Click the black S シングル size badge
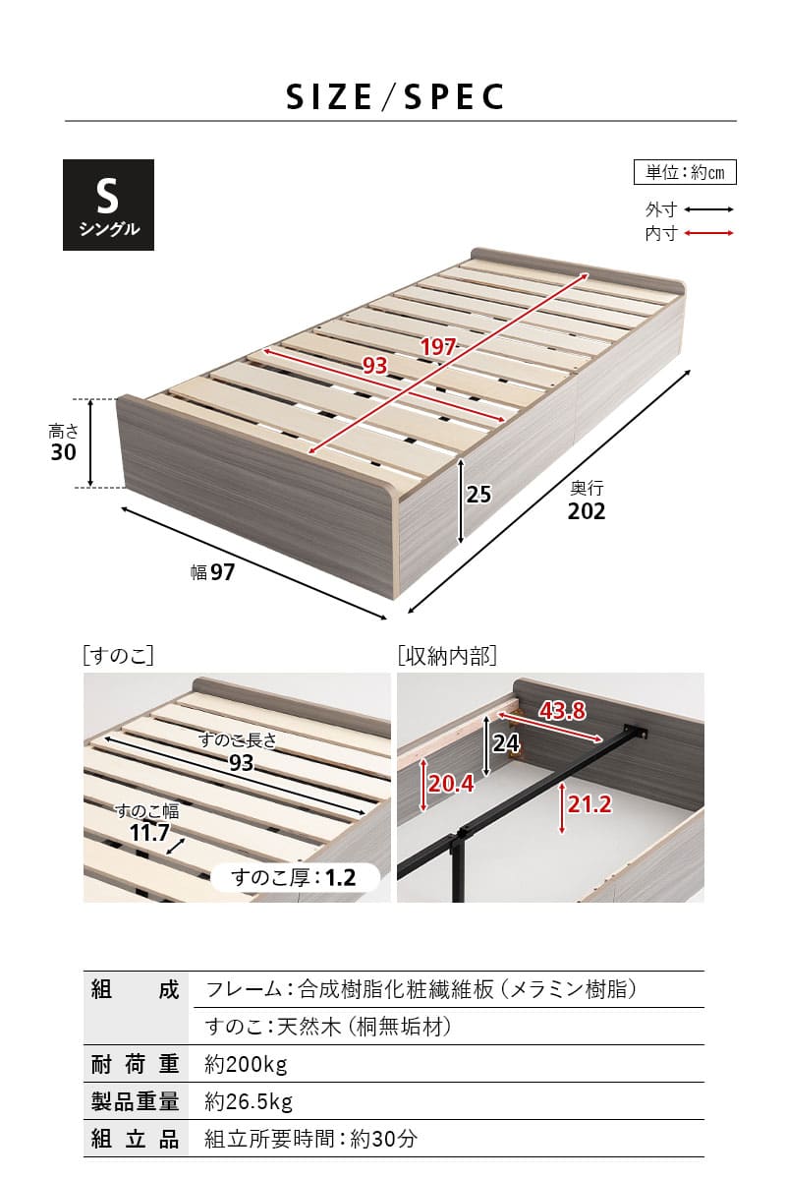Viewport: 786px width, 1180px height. point(108,205)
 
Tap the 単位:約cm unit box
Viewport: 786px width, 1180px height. point(685,172)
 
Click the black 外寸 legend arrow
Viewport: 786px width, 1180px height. point(708,209)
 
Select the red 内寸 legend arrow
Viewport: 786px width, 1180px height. point(708,233)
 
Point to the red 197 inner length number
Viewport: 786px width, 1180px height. point(437,346)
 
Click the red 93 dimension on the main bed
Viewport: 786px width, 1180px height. point(375,365)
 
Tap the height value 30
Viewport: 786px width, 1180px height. point(63,452)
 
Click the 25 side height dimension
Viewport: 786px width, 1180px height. point(478,494)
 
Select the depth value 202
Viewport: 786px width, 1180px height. point(587,511)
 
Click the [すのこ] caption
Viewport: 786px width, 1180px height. point(119,656)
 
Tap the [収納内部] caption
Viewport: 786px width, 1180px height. point(447,656)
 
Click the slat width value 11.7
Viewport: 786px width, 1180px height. point(150,832)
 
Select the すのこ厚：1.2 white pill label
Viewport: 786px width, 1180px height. point(295,877)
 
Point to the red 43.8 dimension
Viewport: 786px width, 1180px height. point(562,711)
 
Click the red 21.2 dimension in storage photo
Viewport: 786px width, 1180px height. point(589,804)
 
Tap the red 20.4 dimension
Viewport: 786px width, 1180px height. point(451,784)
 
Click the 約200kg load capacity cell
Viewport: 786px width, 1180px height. point(246,1064)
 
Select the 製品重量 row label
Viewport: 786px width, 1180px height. point(136,1101)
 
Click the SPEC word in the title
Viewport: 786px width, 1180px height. point(454,97)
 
